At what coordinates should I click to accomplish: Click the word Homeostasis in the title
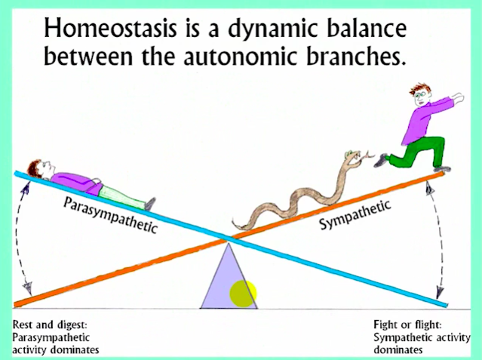111,28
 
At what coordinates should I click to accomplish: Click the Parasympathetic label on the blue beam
110,215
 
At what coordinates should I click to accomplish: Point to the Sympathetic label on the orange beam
355,214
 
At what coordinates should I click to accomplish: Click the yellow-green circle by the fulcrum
243,294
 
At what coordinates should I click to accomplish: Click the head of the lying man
41,168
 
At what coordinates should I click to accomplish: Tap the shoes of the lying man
150,204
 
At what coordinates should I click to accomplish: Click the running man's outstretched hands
458,98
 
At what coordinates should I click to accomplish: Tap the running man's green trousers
421,152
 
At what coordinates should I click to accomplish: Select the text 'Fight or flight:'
407,325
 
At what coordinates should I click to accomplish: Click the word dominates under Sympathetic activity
398,349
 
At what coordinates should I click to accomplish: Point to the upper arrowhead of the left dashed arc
26,187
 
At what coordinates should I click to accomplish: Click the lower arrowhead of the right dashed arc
440,292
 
